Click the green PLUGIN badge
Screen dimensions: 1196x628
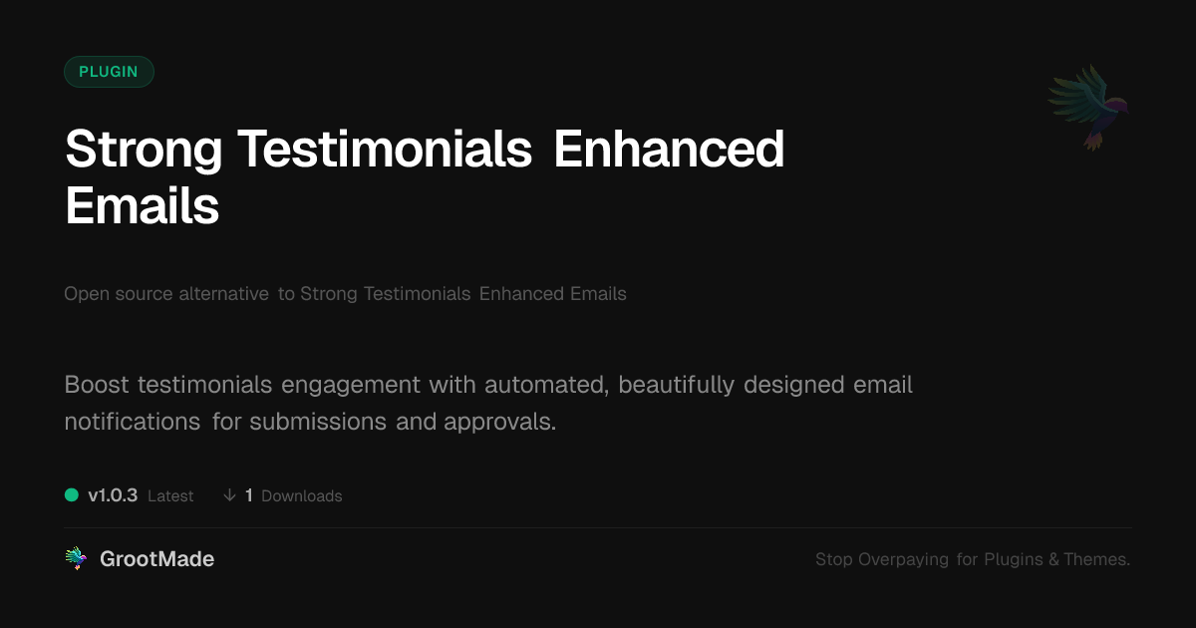(x=109, y=72)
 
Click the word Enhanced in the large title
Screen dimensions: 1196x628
(x=669, y=149)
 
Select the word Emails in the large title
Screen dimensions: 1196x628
(x=142, y=205)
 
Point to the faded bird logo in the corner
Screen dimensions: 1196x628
(x=1088, y=107)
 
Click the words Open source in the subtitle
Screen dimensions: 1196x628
(x=118, y=294)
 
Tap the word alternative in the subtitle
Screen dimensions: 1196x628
(x=223, y=294)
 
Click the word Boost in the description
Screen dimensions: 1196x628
(x=97, y=385)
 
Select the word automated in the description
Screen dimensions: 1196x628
(x=547, y=385)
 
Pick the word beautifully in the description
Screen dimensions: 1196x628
(x=677, y=385)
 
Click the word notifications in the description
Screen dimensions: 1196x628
(x=133, y=422)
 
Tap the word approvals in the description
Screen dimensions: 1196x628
(x=499, y=422)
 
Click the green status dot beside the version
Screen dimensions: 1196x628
(x=72, y=495)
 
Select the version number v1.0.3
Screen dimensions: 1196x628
(x=113, y=495)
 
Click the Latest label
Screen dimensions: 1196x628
(x=170, y=496)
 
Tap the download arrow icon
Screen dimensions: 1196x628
(x=229, y=495)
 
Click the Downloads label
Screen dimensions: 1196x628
(x=302, y=496)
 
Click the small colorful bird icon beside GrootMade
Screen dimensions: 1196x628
(x=76, y=558)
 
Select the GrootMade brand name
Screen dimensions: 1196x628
(x=157, y=559)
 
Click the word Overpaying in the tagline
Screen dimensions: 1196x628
(x=903, y=559)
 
